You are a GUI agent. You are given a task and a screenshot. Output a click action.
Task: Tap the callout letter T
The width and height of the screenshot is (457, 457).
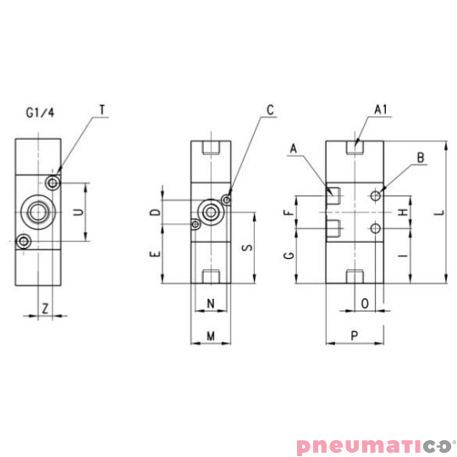tap(102, 110)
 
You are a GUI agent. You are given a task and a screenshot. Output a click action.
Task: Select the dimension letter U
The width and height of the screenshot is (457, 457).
tap(78, 212)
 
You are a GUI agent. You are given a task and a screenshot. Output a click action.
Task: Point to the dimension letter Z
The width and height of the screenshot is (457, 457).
tap(45, 309)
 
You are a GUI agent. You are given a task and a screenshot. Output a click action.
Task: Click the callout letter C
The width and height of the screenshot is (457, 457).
tap(270, 110)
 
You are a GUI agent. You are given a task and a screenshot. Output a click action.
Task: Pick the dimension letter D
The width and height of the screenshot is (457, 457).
tap(155, 212)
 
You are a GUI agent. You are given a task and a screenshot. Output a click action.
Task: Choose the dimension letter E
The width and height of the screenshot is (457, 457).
tap(155, 254)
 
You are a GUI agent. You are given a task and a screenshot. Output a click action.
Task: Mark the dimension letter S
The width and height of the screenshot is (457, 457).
tap(245, 248)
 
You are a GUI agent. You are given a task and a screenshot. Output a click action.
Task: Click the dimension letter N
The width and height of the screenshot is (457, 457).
tap(210, 303)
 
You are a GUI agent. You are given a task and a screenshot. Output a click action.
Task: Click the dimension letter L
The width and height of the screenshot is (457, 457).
tap(437, 215)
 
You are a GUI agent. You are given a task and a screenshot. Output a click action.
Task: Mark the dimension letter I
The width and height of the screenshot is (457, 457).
tap(402, 254)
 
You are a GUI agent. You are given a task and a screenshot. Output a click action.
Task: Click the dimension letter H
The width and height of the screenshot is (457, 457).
tap(402, 211)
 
